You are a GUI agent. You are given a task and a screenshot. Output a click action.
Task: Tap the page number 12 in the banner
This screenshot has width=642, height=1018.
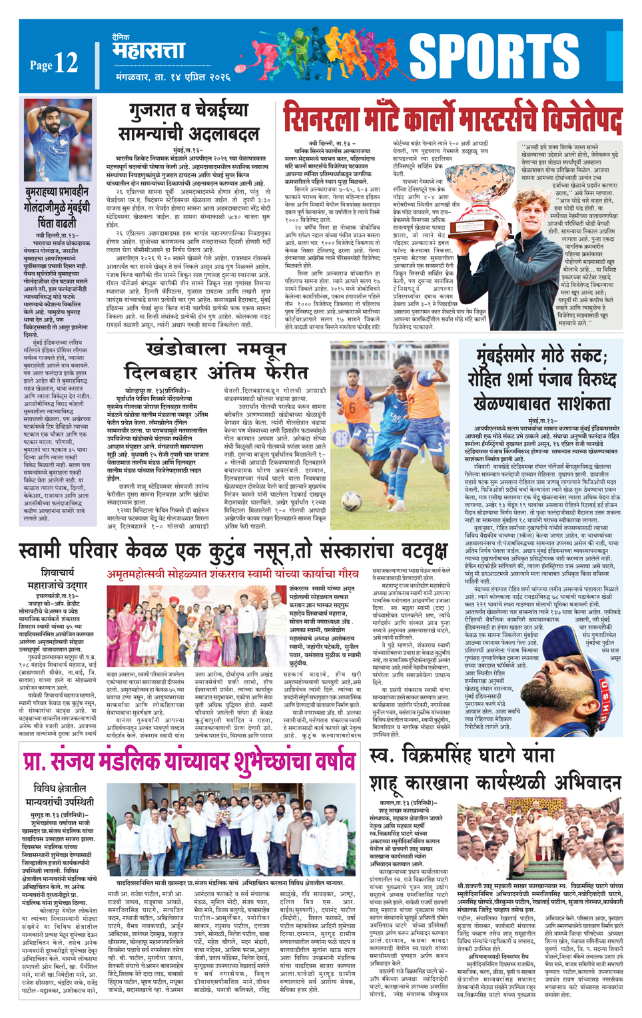point(66,64)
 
